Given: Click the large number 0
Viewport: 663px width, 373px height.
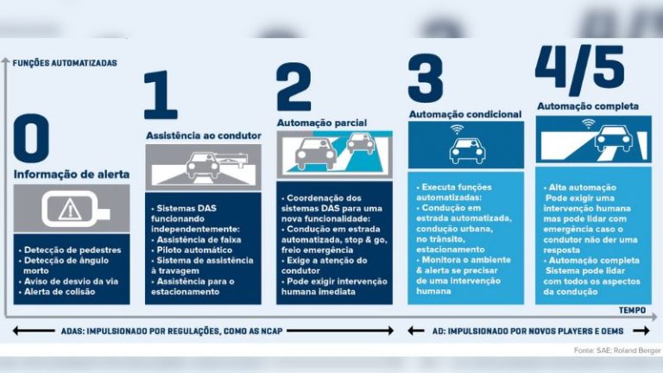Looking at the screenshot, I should (31, 140).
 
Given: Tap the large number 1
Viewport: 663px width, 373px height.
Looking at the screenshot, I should (161, 96).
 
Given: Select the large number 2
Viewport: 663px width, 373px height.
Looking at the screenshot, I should (294, 88).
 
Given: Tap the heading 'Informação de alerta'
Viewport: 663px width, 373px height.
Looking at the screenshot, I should (72, 174).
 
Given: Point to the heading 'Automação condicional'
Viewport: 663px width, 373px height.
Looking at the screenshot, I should (464, 114).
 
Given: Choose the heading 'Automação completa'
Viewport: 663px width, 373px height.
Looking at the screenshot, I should (588, 106).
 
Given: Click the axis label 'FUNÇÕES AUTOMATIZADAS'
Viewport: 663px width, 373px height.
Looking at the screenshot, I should (65, 63).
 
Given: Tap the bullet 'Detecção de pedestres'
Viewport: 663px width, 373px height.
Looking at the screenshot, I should (73, 250).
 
